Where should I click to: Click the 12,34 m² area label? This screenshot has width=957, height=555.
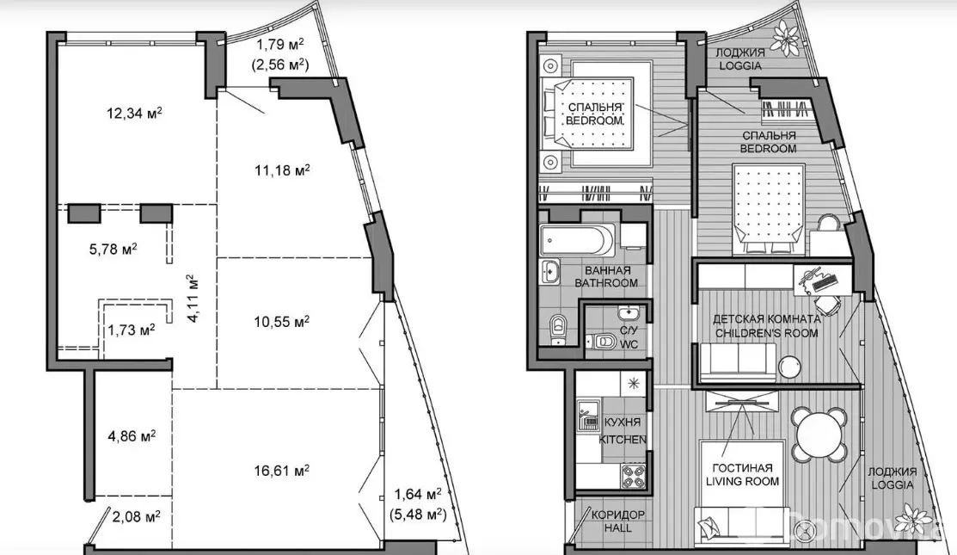click(134, 113)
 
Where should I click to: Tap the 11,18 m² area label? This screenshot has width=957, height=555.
click(282, 170)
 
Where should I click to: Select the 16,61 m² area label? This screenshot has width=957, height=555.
click(281, 471)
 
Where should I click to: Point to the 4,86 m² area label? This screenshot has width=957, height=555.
click(132, 436)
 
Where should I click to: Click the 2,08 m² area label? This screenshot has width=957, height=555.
click(136, 516)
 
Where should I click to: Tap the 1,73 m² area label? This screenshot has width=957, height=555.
click(132, 330)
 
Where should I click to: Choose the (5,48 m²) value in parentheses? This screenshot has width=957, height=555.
click(418, 514)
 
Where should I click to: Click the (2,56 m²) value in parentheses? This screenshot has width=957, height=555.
click(280, 65)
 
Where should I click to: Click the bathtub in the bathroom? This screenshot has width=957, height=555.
click(578, 241)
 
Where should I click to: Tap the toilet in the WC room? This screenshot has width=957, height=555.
click(601, 341)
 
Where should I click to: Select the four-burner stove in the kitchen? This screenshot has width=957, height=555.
click(634, 475)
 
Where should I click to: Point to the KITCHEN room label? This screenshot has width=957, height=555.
click(623, 440)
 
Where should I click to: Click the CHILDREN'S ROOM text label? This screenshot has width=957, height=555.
click(767, 333)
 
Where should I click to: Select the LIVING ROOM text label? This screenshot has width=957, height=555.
click(742, 481)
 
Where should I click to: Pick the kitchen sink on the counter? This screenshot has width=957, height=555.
click(589, 416)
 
